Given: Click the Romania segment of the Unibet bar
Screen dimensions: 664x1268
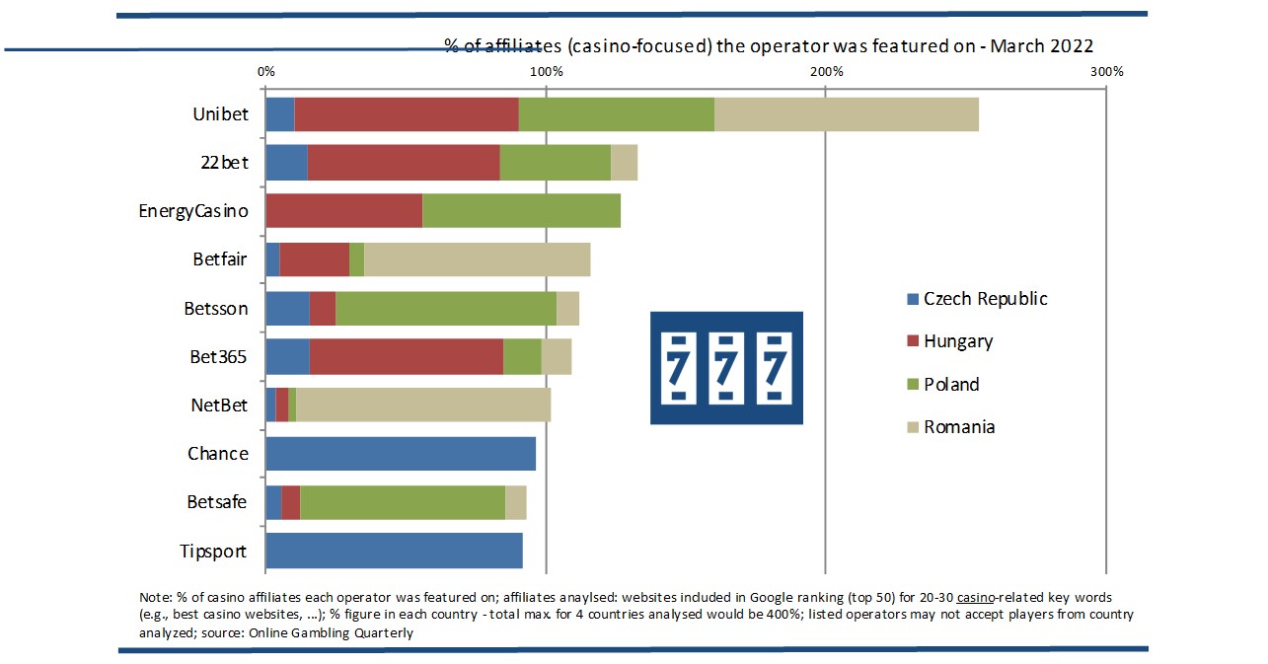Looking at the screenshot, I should pos(846,114).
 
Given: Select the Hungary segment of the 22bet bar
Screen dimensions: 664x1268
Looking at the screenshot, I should pos(404,162).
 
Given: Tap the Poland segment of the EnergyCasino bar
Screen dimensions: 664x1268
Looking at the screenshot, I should pos(521,210).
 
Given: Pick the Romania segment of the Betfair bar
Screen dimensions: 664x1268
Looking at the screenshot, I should pos(477,259).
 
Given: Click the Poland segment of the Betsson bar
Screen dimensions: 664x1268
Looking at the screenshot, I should pos(446,308).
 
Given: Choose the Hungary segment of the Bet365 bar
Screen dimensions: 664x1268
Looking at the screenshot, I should pos(407,356).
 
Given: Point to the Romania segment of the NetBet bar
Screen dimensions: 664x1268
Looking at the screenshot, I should pos(423,405).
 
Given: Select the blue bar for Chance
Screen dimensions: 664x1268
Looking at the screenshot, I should pos(401,453).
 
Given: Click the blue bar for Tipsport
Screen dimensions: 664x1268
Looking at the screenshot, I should pos(394,551).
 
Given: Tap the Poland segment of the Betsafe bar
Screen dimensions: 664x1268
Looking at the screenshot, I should pos(403,502).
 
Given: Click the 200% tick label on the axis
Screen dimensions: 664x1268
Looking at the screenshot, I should pos(826,72).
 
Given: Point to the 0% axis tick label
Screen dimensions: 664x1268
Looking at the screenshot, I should pos(265,72).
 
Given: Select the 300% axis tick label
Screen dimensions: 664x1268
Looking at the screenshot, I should pos(1106,72).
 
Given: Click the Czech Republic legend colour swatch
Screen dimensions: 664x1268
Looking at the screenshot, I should pos(913,299).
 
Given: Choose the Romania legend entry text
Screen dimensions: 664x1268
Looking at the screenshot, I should pos(959,427).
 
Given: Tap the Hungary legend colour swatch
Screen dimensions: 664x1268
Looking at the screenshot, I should pos(913,341).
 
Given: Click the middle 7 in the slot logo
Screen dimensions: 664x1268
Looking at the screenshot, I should pos(726,367).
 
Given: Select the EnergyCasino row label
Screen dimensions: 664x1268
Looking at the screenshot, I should pos(193,210).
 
